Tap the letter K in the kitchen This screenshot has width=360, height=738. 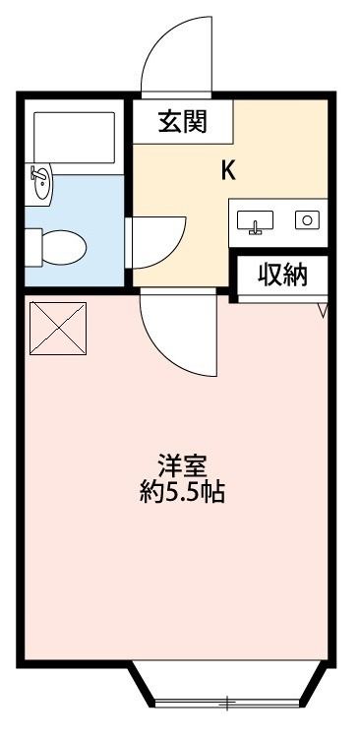point(227,170)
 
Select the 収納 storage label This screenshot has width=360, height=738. point(283,276)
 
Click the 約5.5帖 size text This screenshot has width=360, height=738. point(182,492)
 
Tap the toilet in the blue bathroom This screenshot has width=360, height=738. point(59,242)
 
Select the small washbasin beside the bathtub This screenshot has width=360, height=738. point(40,184)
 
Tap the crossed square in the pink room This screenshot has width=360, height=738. point(58,328)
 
